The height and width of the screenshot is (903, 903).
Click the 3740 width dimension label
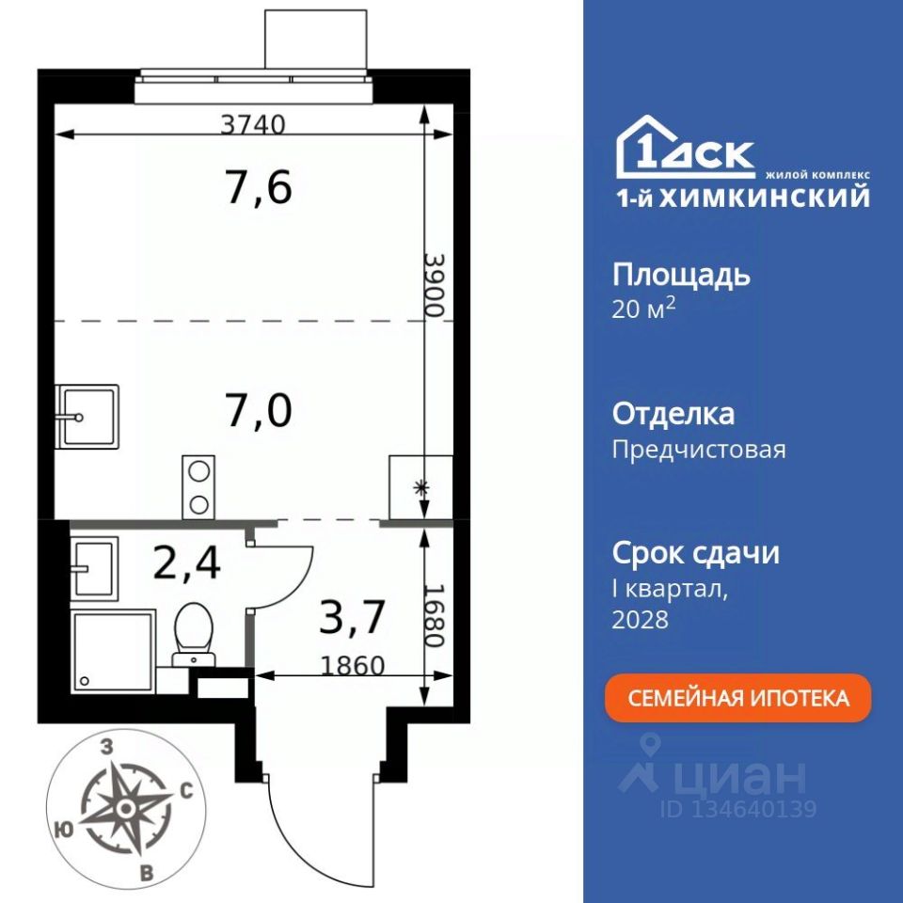(x=253, y=124)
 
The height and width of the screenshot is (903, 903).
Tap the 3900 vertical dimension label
(x=436, y=285)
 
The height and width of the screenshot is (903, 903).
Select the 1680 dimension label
(x=436, y=615)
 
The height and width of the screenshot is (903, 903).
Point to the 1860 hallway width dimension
(x=352, y=666)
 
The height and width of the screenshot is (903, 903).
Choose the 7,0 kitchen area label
(x=260, y=411)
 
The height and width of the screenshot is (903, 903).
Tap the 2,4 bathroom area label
(x=187, y=562)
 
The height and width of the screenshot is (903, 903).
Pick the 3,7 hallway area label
(x=352, y=616)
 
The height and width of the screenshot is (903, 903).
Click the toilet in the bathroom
(x=194, y=634)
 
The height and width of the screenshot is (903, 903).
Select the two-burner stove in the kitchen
(x=198, y=487)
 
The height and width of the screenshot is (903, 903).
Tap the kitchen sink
(x=88, y=417)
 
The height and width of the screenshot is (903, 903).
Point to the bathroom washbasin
(x=94, y=568)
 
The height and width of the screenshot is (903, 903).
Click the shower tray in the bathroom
(x=114, y=652)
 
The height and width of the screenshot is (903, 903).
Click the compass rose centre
(x=125, y=809)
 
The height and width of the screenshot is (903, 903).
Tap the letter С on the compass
(x=186, y=792)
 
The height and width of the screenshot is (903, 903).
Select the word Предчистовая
(x=699, y=450)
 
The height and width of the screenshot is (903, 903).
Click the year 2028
(x=640, y=620)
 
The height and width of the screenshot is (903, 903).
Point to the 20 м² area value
(x=643, y=309)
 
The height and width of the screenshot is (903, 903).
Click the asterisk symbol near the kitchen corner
(x=422, y=489)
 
